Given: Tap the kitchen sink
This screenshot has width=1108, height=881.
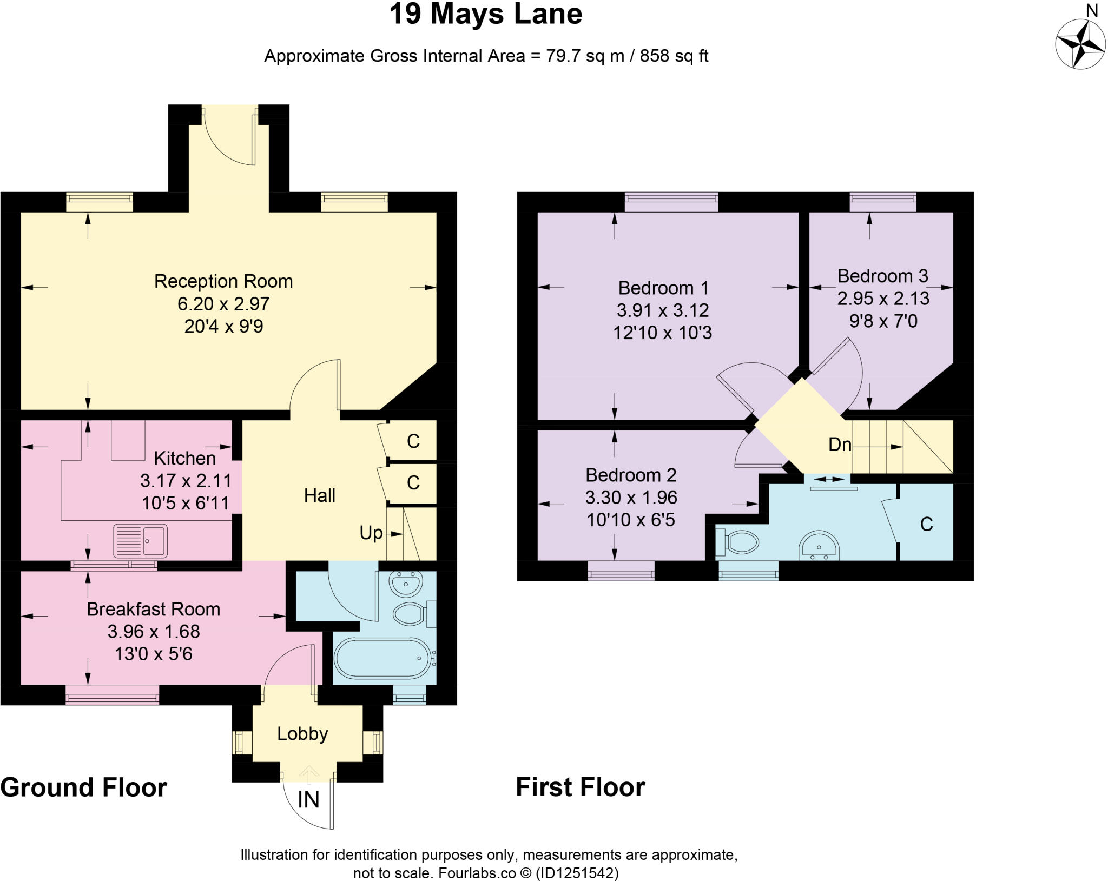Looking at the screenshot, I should tap(140, 541).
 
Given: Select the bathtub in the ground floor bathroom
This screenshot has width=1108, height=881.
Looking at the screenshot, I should tap(382, 658).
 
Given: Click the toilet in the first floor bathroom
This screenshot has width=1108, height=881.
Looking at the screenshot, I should tap(738, 542).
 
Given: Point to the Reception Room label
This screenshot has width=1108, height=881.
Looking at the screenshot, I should tap(223, 281).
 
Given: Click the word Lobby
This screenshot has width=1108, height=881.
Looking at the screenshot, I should tap(302, 734).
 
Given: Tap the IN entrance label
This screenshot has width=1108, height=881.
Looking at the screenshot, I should tap(308, 800).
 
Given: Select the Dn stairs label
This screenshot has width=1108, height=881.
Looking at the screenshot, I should tap(840, 445).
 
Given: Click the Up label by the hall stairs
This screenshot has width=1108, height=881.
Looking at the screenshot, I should tap(371, 533).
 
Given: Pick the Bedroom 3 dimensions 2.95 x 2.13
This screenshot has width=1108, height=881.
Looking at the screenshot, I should tap(883, 299).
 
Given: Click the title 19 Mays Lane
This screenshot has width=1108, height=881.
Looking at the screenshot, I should tap(485, 14).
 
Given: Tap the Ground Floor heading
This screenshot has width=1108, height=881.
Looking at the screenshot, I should tap(84, 787).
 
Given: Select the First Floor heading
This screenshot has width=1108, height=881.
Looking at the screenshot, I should tap(580, 787).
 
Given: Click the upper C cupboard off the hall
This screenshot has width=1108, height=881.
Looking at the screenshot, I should tap(413, 441).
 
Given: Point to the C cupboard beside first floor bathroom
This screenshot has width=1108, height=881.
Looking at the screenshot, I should tap(926, 524).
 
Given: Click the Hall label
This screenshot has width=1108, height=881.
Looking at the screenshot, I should tap(319, 495).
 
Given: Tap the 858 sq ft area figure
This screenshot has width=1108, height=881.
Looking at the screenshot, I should tap(674, 56).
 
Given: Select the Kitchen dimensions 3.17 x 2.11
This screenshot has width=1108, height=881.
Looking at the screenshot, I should tap(186, 481).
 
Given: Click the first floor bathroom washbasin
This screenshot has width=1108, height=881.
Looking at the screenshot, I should tap(819, 546).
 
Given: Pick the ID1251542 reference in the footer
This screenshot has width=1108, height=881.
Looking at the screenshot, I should tap(577, 873).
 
